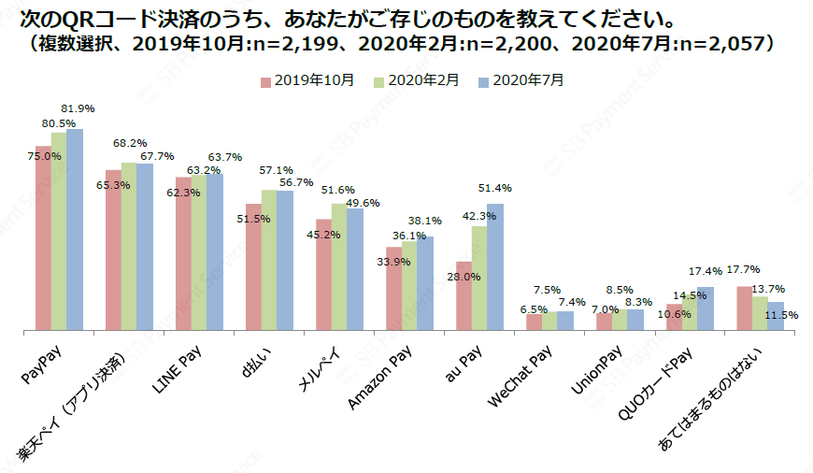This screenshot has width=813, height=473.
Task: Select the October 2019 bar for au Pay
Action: [x=464, y=296]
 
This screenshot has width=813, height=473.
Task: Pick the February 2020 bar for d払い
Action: [x=269, y=261]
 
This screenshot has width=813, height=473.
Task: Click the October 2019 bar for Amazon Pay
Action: [x=393, y=289]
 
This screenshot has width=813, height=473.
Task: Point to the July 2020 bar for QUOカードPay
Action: [x=706, y=309]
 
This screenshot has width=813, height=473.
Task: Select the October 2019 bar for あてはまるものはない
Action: [x=745, y=308]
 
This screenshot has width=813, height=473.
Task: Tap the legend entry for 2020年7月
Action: [x=522, y=80]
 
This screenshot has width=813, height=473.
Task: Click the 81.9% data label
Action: [x=78, y=109]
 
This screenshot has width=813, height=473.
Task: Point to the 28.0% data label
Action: [x=464, y=277]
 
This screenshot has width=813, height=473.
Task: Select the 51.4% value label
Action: [x=495, y=189]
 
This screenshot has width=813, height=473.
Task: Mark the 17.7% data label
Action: [x=743, y=269]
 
